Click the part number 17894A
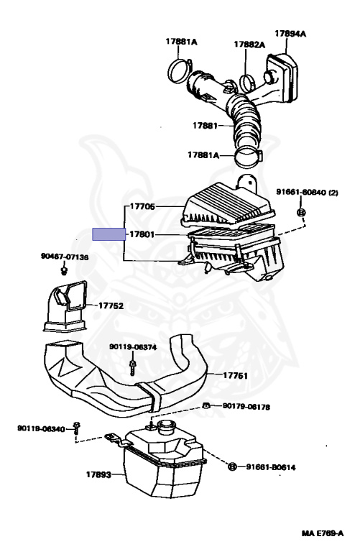click(290, 33)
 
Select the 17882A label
click(249, 45)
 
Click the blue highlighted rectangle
click(108, 234)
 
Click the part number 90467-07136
click(65, 257)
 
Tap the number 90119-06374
click(133, 346)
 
